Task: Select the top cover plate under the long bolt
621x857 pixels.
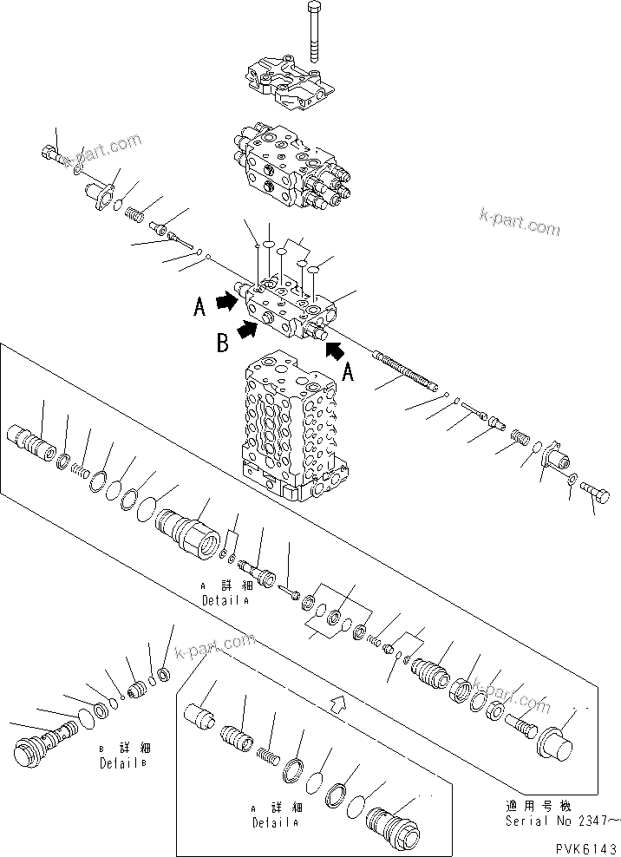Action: tap(290, 82)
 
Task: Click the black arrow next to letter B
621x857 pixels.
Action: tap(248, 328)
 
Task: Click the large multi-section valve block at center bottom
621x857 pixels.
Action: tap(291, 429)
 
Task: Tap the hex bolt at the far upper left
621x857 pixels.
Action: tap(54, 155)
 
